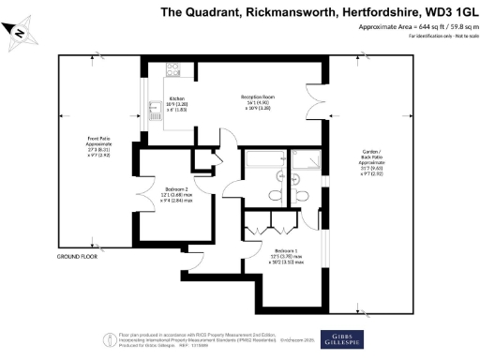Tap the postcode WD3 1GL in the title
click(x=440, y=12)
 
